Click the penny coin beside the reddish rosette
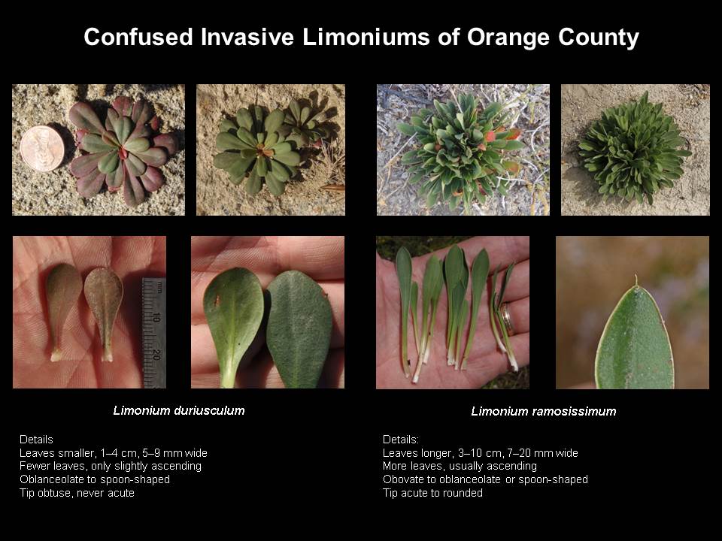point(42,149)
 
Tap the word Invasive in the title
point(247,37)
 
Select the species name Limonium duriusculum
point(179,410)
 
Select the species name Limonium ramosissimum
point(543,411)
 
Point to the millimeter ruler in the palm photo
point(154,332)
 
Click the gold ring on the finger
point(506,318)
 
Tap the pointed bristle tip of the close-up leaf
point(636,280)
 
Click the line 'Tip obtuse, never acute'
point(77,493)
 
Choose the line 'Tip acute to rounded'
point(433,493)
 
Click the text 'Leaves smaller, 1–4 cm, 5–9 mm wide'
point(114,453)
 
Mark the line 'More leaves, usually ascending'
point(460,466)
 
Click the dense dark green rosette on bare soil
point(634,148)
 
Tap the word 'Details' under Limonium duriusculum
point(36,440)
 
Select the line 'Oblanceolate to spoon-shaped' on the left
point(95,479)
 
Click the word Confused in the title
point(138,37)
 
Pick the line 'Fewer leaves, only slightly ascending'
point(111,466)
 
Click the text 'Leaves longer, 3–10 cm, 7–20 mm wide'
point(481,453)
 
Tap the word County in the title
point(599,38)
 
